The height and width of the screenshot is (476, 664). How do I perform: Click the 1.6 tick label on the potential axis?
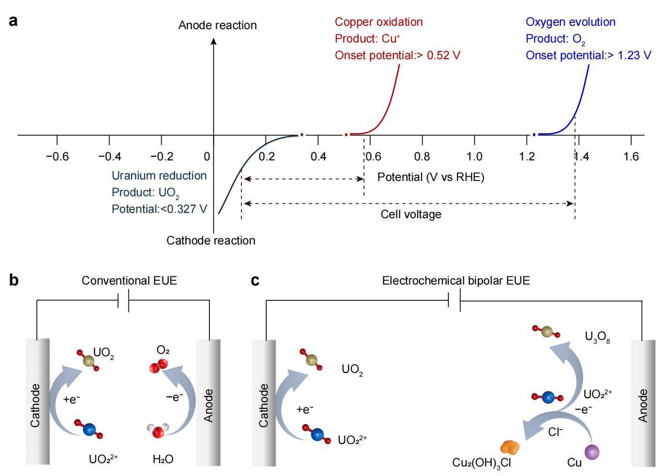[631, 157]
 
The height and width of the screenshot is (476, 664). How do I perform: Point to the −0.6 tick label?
[57, 157]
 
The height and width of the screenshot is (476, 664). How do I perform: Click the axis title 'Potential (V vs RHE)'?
[430, 177]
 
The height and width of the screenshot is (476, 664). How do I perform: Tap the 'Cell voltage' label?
[411, 214]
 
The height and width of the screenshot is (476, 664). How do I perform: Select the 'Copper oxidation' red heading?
[378, 22]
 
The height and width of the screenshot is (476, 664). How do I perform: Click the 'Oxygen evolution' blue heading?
[570, 22]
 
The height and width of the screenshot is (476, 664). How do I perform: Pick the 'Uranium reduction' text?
[159, 176]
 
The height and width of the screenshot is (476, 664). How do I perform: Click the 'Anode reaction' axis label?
[217, 25]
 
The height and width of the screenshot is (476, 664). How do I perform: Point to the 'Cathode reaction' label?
[210, 240]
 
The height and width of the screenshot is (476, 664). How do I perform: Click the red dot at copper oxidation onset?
[346, 135]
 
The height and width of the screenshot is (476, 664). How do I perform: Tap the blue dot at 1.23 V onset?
[534, 135]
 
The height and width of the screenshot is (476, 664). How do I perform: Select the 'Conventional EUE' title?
[129, 280]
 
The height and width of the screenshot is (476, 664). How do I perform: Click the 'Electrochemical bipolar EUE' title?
[456, 280]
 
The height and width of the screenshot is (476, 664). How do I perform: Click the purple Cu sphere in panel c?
[592, 451]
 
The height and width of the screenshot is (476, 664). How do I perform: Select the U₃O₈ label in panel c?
[597, 337]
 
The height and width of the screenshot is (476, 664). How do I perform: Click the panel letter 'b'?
[14, 280]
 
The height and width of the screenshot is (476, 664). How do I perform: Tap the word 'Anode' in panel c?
[643, 405]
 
